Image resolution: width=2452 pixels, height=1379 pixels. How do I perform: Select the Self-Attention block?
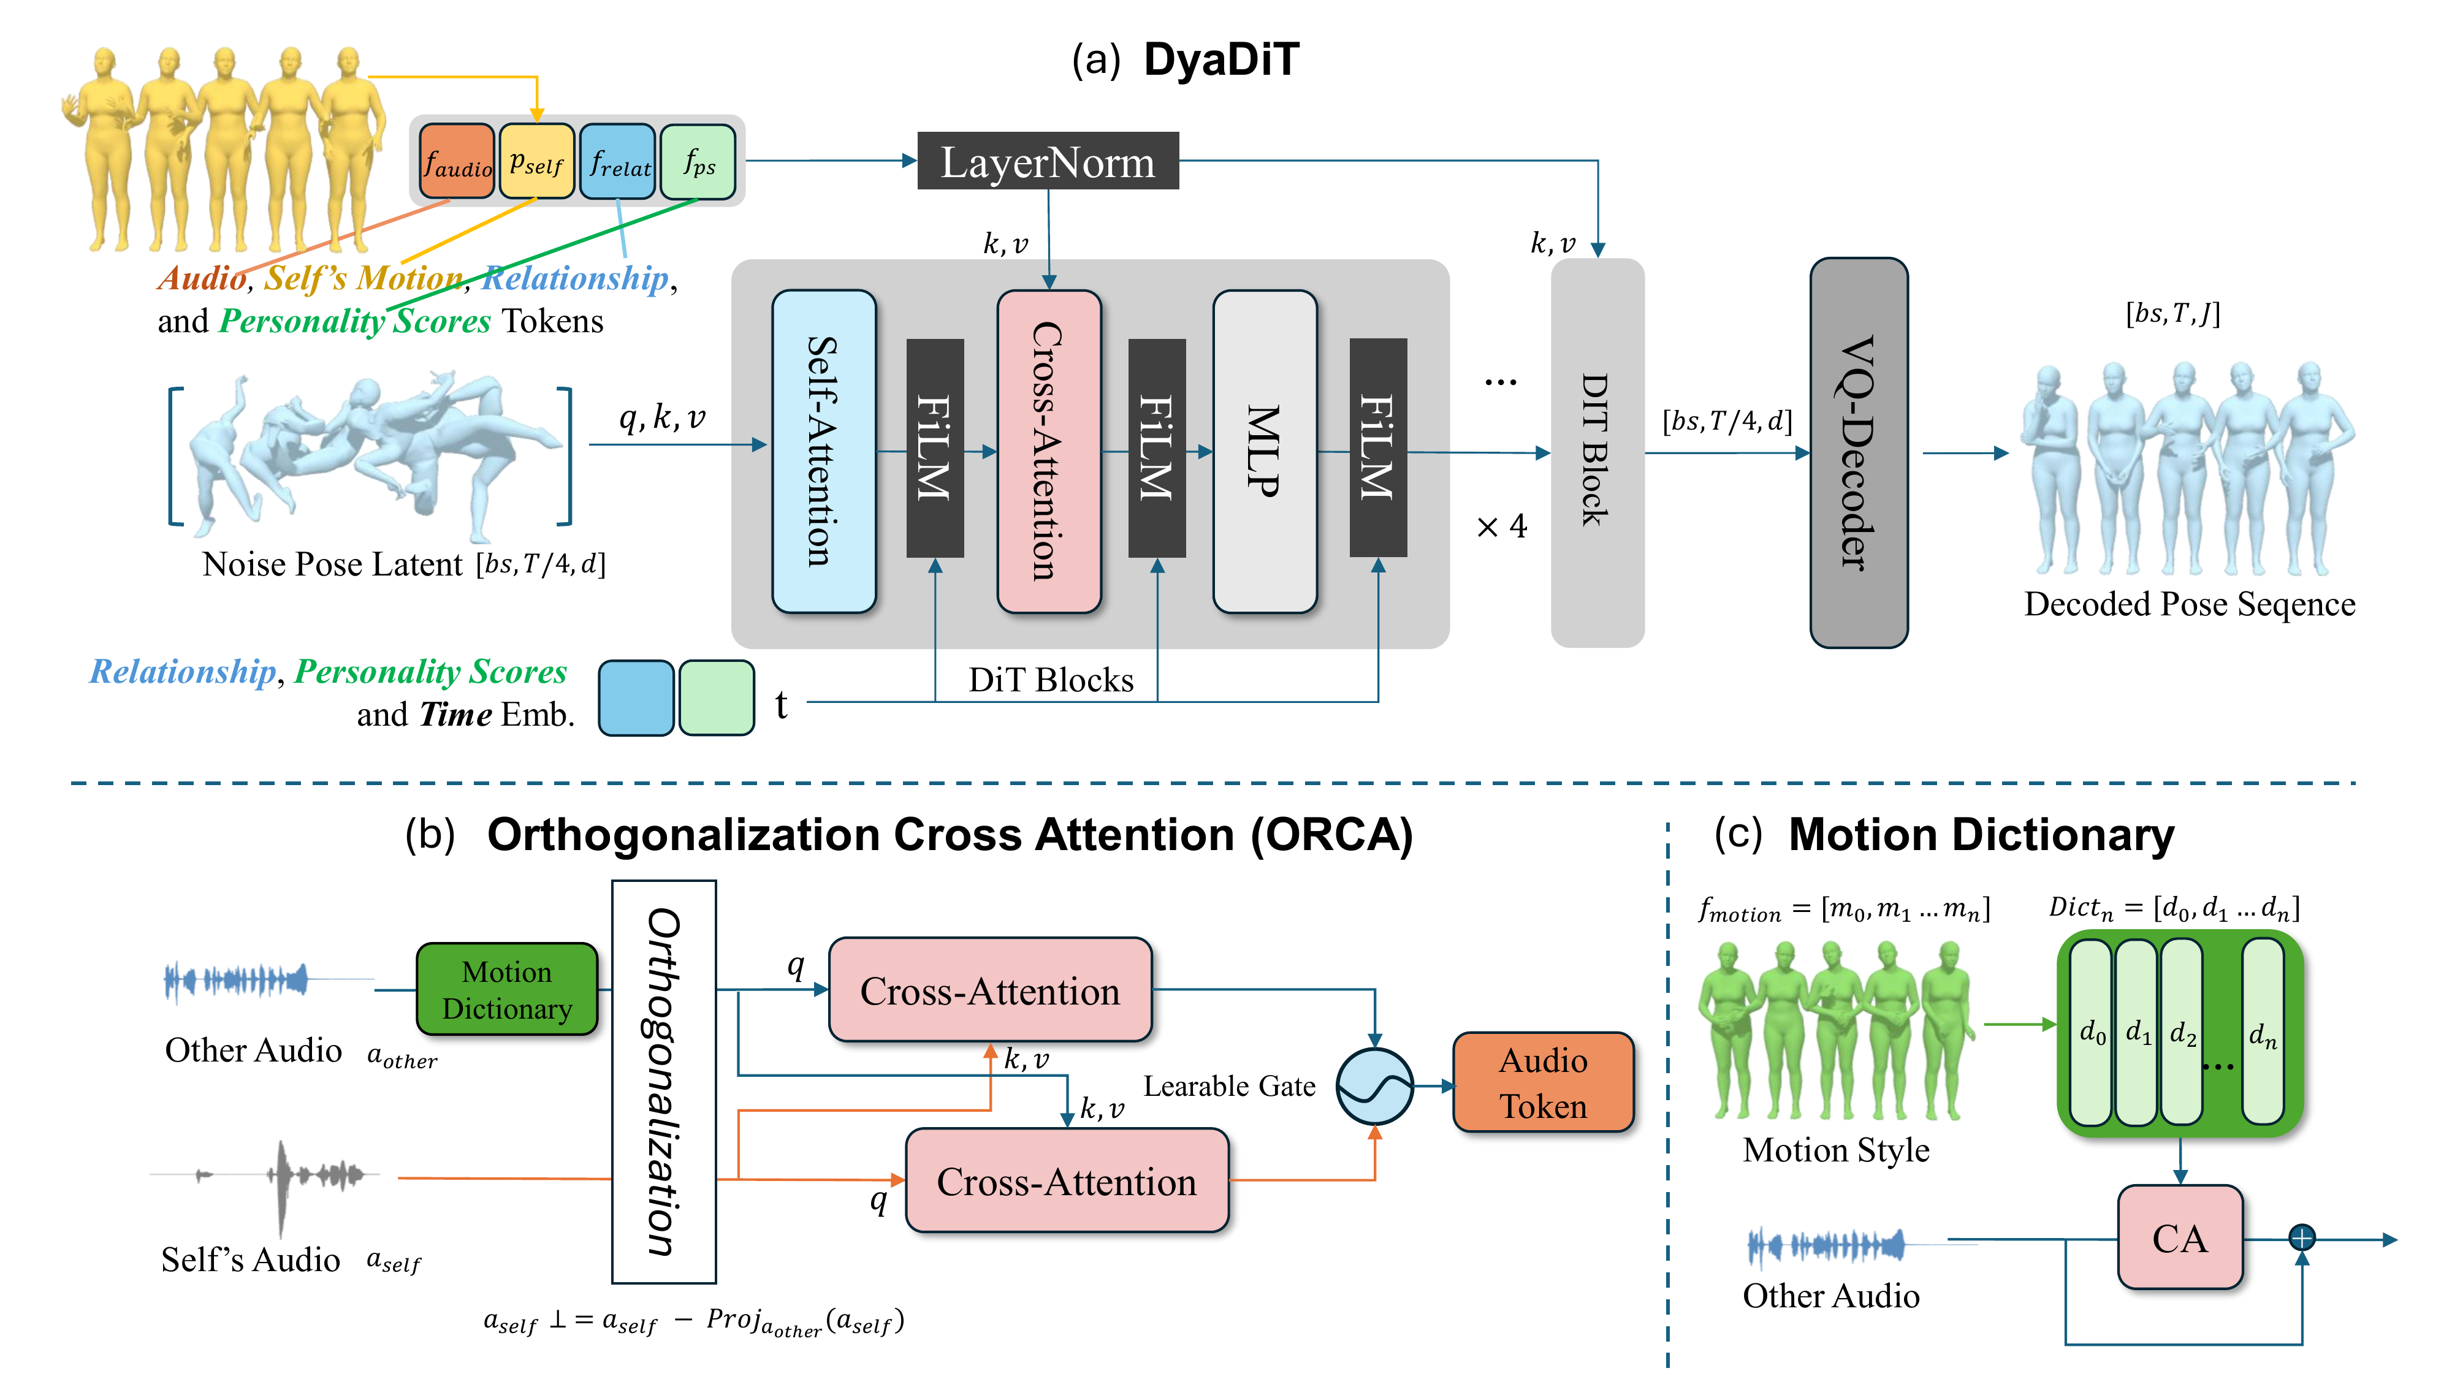pos(823,451)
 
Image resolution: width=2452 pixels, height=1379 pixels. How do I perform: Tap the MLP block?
pos(1264,451)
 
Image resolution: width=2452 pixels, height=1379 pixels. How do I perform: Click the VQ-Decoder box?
pos(1858,453)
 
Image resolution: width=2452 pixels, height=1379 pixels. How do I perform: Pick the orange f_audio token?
pos(457,162)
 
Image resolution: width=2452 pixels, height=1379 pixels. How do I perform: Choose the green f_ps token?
pos(698,162)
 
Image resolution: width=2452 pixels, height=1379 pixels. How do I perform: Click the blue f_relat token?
pos(618,162)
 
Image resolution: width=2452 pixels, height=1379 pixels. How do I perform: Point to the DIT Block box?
pos(1596,453)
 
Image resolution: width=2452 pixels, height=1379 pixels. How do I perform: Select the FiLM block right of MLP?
pos(1377,447)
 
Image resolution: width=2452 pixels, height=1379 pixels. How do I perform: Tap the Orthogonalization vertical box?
pos(663,1081)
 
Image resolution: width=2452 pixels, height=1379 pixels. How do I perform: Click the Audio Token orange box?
pos(1542,1083)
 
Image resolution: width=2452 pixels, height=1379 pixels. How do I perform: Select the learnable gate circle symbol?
pos(1374,1086)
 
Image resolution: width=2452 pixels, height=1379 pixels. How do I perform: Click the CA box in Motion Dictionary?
pos(2179,1238)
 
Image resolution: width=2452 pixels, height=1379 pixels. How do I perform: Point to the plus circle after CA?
pos(2301,1238)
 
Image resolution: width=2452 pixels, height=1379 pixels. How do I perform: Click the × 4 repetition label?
pos(1501,526)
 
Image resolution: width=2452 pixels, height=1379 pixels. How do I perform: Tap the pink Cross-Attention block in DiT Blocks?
pos(1048,451)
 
